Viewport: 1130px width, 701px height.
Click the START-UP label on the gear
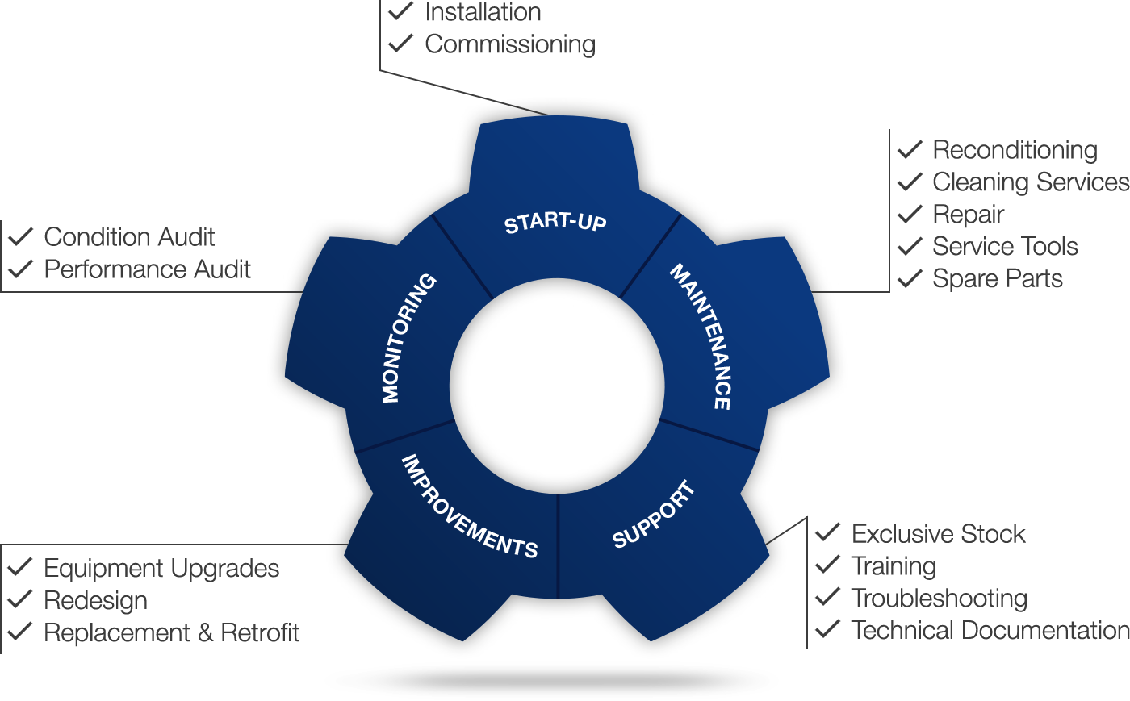coord(555,223)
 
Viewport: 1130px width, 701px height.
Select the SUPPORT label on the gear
coord(654,514)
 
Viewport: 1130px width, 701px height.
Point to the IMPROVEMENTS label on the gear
coord(469,507)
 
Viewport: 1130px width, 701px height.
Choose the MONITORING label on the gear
coord(408,338)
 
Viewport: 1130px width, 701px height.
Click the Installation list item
coord(483,12)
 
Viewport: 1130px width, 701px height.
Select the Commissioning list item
coord(509,44)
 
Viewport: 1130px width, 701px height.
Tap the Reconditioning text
coord(1015,150)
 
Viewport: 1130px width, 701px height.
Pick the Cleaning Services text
coord(1030,182)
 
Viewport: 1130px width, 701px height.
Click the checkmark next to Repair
coord(910,214)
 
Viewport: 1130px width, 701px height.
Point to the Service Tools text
coord(1005,246)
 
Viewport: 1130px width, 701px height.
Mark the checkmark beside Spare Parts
coord(910,278)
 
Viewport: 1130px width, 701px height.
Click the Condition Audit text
coord(129,237)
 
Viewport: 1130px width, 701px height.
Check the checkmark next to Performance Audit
coord(21,268)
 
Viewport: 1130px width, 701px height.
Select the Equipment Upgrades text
coord(161,569)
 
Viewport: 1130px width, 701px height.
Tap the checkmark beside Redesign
coord(21,599)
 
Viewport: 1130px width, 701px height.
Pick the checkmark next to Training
coord(827,565)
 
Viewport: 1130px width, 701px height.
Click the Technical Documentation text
coord(990,629)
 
